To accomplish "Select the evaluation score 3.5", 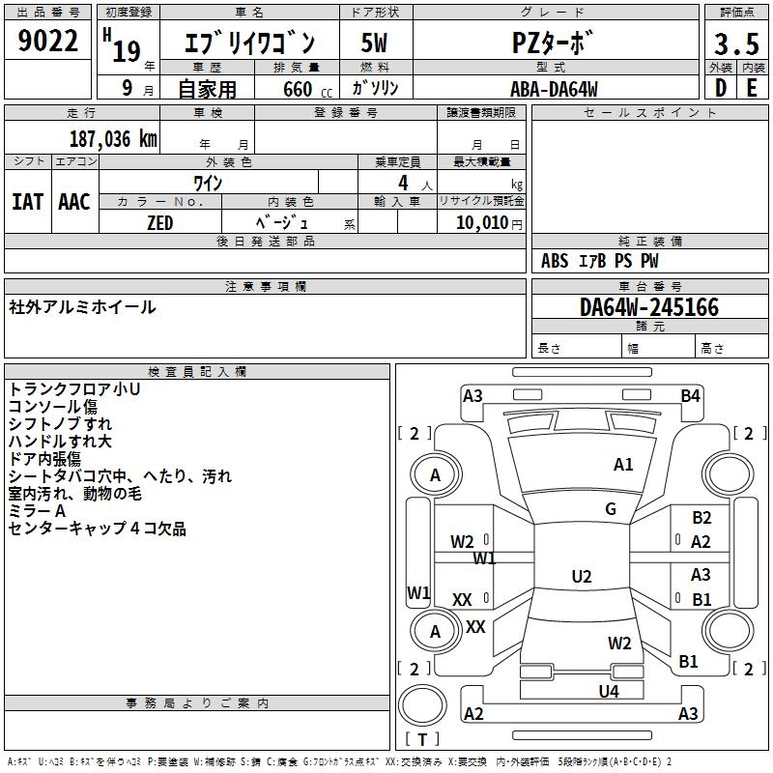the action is tap(736, 44).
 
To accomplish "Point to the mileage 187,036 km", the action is tap(113, 139).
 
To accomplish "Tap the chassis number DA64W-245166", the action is tap(649, 307).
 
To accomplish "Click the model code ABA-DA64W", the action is tap(554, 88).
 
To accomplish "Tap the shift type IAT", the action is tap(27, 202).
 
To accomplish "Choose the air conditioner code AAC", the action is tap(74, 202).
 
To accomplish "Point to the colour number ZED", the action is tap(159, 223).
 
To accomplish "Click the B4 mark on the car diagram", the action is tap(690, 395).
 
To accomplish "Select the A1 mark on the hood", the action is tap(623, 465).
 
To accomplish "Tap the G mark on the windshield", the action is tap(611, 509).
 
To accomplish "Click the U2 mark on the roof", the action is tap(582, 577).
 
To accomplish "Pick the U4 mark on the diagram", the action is tap(608, 691).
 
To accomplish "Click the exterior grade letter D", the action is tap(720, 88).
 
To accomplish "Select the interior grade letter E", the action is tap(752, 88).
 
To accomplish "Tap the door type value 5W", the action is tap(374, 43).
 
